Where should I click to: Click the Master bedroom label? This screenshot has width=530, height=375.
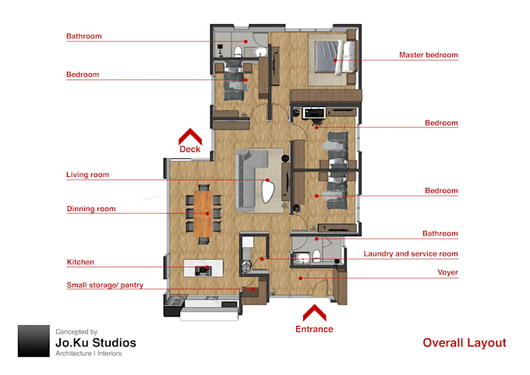tap(428, 55)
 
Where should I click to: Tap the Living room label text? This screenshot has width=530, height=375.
tap(87, 175)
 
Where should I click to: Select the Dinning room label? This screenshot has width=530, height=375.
tap(90, 209)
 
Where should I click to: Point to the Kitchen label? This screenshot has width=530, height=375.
tap(80, 263)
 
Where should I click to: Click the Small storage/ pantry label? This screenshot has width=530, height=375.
tap(104, 285)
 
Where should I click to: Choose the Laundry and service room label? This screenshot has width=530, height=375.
tap(411, 254)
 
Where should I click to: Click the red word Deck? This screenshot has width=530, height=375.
tap(190, 149)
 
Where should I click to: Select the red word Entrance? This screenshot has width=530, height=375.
tap(313, 329)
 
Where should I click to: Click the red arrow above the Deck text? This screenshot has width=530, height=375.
tap(190, 134)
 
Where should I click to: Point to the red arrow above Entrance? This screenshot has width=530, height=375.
tap(313, 313)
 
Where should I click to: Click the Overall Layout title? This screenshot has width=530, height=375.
tap(464, 343)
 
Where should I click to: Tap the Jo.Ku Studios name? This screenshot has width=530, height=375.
tap(95, 343)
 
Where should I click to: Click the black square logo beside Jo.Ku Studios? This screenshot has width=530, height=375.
tap(34, 341)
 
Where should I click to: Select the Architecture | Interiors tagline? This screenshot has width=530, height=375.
tap(88, 354)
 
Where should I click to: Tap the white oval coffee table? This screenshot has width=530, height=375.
tap(270, 188)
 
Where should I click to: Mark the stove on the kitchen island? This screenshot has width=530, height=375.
tap(202, 270)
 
